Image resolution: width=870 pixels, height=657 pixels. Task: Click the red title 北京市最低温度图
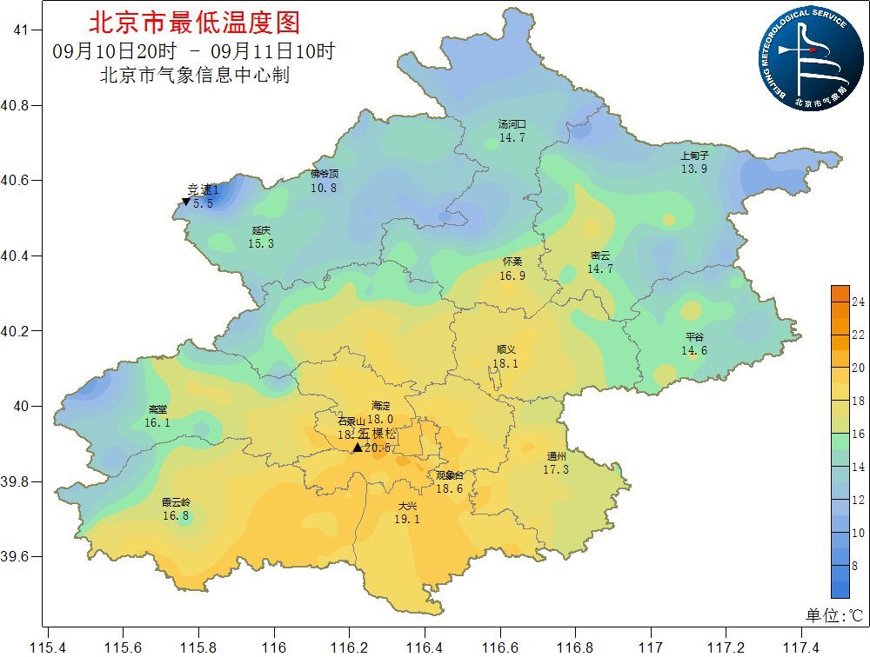tap(194, 22)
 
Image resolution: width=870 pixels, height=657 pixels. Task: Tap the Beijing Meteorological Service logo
tap(804, 58)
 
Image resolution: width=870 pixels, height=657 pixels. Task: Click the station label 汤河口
tap(512, 124)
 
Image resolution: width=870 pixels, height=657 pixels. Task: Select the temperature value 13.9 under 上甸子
tap(693, 169)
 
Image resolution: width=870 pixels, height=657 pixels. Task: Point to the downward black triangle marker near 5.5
tap(185, 202)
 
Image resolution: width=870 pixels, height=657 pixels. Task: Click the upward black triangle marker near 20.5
tap(357, 448)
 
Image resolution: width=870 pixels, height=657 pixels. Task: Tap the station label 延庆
tap(261, 230)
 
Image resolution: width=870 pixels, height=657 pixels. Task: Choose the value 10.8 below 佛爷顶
tap(324, 188)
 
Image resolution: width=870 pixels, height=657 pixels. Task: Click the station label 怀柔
tap(512, 262)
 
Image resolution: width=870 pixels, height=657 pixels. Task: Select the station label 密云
tap(599, 255)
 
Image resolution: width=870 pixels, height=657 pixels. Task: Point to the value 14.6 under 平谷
tap(693, 351)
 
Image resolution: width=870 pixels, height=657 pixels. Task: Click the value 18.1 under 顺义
tap(505, 364)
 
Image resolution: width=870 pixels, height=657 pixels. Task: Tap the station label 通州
tap(556, 456)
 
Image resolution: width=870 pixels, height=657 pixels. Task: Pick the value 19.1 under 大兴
tap(407, 519)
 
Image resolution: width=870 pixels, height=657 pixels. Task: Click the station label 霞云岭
tap(176, 502)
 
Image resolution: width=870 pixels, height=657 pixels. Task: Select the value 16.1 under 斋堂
tap(157, 422)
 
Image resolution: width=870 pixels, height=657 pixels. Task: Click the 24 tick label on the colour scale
tap(857, 302)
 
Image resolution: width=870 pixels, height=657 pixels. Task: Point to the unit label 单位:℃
tap(833, 615)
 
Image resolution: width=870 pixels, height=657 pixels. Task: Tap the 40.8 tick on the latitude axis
tap(16, 105)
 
